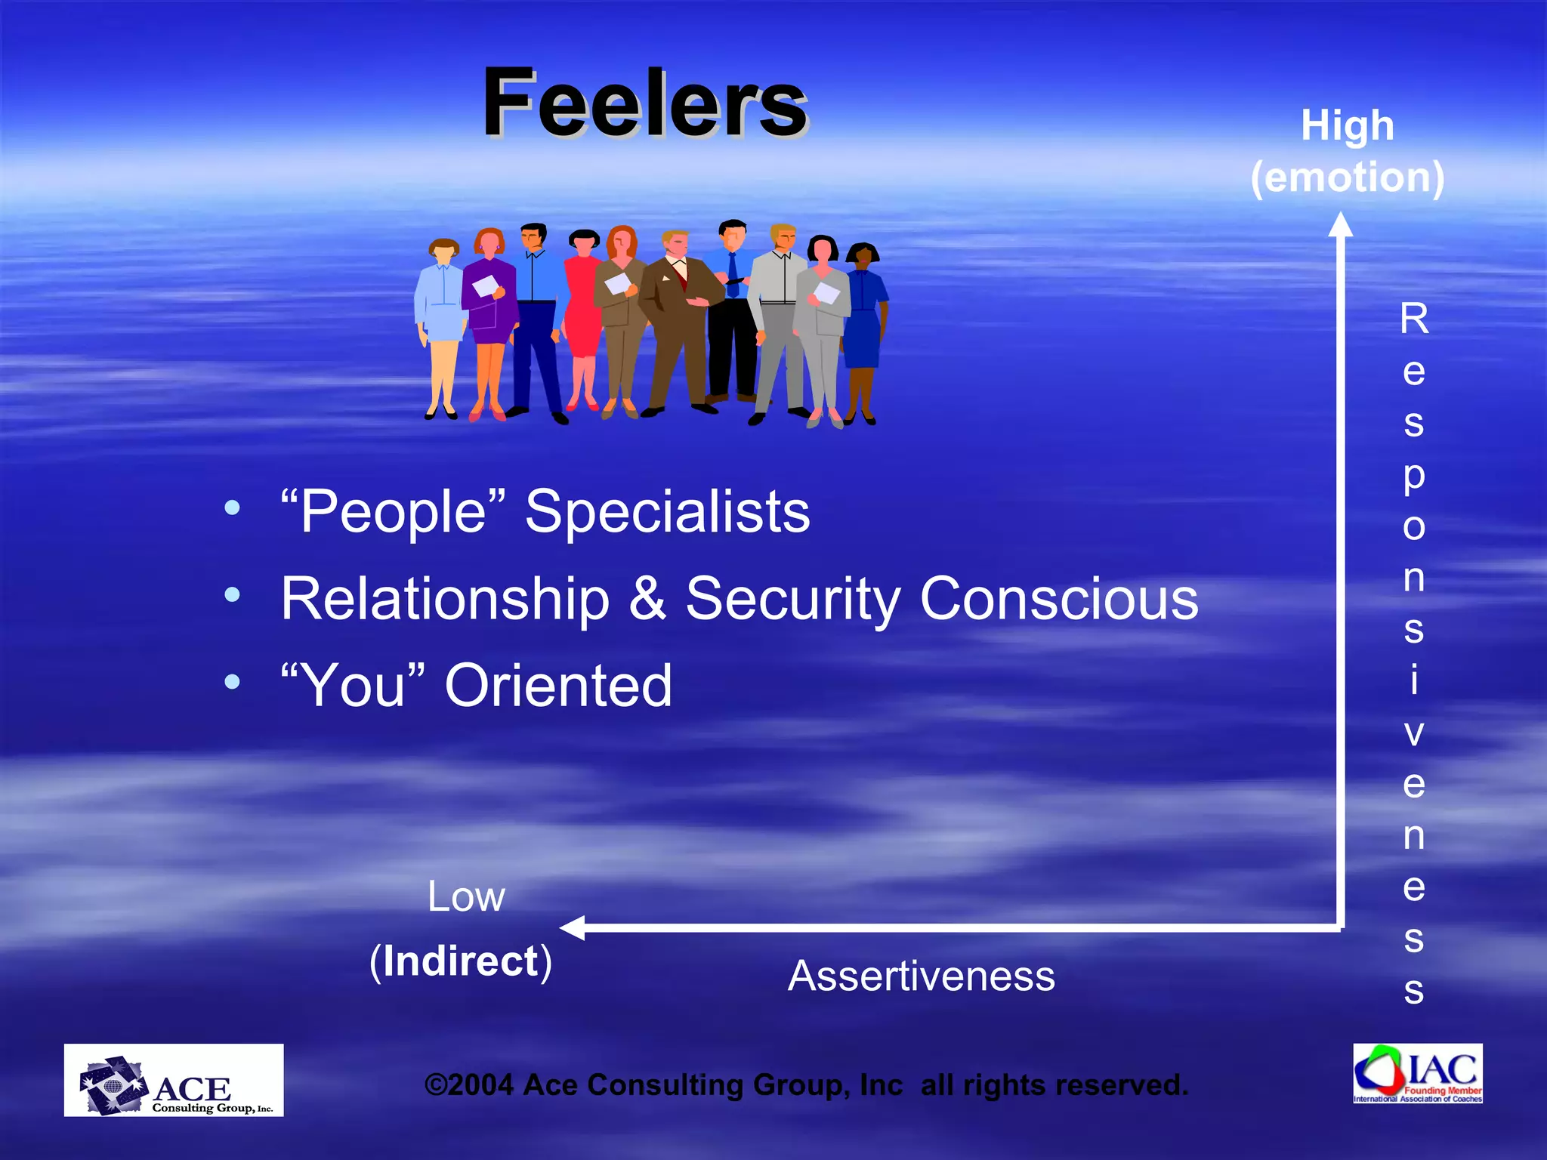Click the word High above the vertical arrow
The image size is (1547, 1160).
point(1347,125)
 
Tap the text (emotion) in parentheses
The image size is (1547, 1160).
point(1347,177)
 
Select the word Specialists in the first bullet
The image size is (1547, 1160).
point(667,511)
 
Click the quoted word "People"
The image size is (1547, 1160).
point(392,511)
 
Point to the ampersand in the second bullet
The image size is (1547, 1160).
point(647,598)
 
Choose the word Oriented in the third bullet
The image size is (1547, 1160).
point(558,685)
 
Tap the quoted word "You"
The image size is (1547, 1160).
point(353,685)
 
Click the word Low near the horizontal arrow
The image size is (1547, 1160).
point(466,896)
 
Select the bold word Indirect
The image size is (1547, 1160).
point(460,961)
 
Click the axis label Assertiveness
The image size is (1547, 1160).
point(921,976)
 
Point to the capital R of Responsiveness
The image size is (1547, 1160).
point(1414,319)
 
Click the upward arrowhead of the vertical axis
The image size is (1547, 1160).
point(1341,224)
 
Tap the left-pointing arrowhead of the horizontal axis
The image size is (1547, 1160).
point(573,927)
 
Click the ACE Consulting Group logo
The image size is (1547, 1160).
point(174,1080)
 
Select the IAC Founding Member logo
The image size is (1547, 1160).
point(1418,1073)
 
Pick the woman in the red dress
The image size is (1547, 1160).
point(582,317)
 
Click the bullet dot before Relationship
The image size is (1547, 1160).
point(232,595)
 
